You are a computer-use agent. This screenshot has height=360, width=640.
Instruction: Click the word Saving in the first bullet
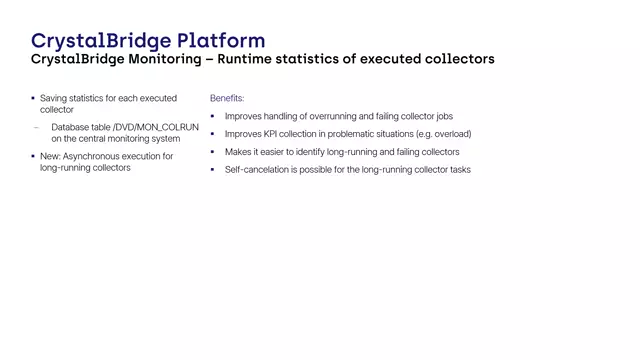pos(53,98)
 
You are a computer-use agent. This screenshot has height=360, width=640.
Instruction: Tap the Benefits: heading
pos(227,98)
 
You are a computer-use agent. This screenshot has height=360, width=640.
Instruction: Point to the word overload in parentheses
pos(451,134)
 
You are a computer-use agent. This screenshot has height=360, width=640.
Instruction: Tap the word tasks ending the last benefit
pos(458,170)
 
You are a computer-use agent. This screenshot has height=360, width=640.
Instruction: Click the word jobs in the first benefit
pos(443,116)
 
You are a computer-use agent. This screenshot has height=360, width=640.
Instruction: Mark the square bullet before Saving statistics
pos(33,98)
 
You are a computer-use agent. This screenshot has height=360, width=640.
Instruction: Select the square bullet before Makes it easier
pos(213,152)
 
